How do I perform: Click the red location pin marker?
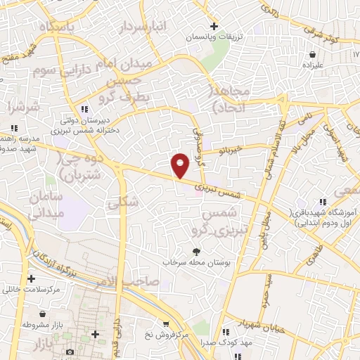point(181,165)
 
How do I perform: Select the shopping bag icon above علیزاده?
point(310,54)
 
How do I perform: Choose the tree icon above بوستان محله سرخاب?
point(196,251)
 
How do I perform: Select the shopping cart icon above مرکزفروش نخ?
point(165,323)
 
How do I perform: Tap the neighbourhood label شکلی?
point(120,203)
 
